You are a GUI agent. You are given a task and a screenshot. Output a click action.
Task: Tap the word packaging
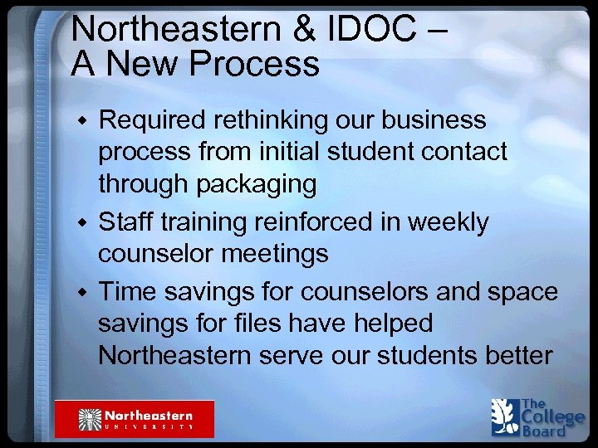(256, 185)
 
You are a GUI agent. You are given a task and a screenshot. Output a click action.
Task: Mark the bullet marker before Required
(82, 122)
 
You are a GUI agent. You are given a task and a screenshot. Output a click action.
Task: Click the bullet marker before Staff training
(82, 223)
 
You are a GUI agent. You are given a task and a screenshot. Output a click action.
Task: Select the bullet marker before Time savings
(82, 293)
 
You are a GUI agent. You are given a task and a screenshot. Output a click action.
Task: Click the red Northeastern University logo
(135, 419)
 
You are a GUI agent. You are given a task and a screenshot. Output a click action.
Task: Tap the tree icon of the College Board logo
(504, 416)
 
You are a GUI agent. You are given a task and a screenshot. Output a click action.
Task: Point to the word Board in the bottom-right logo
(545, 431)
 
